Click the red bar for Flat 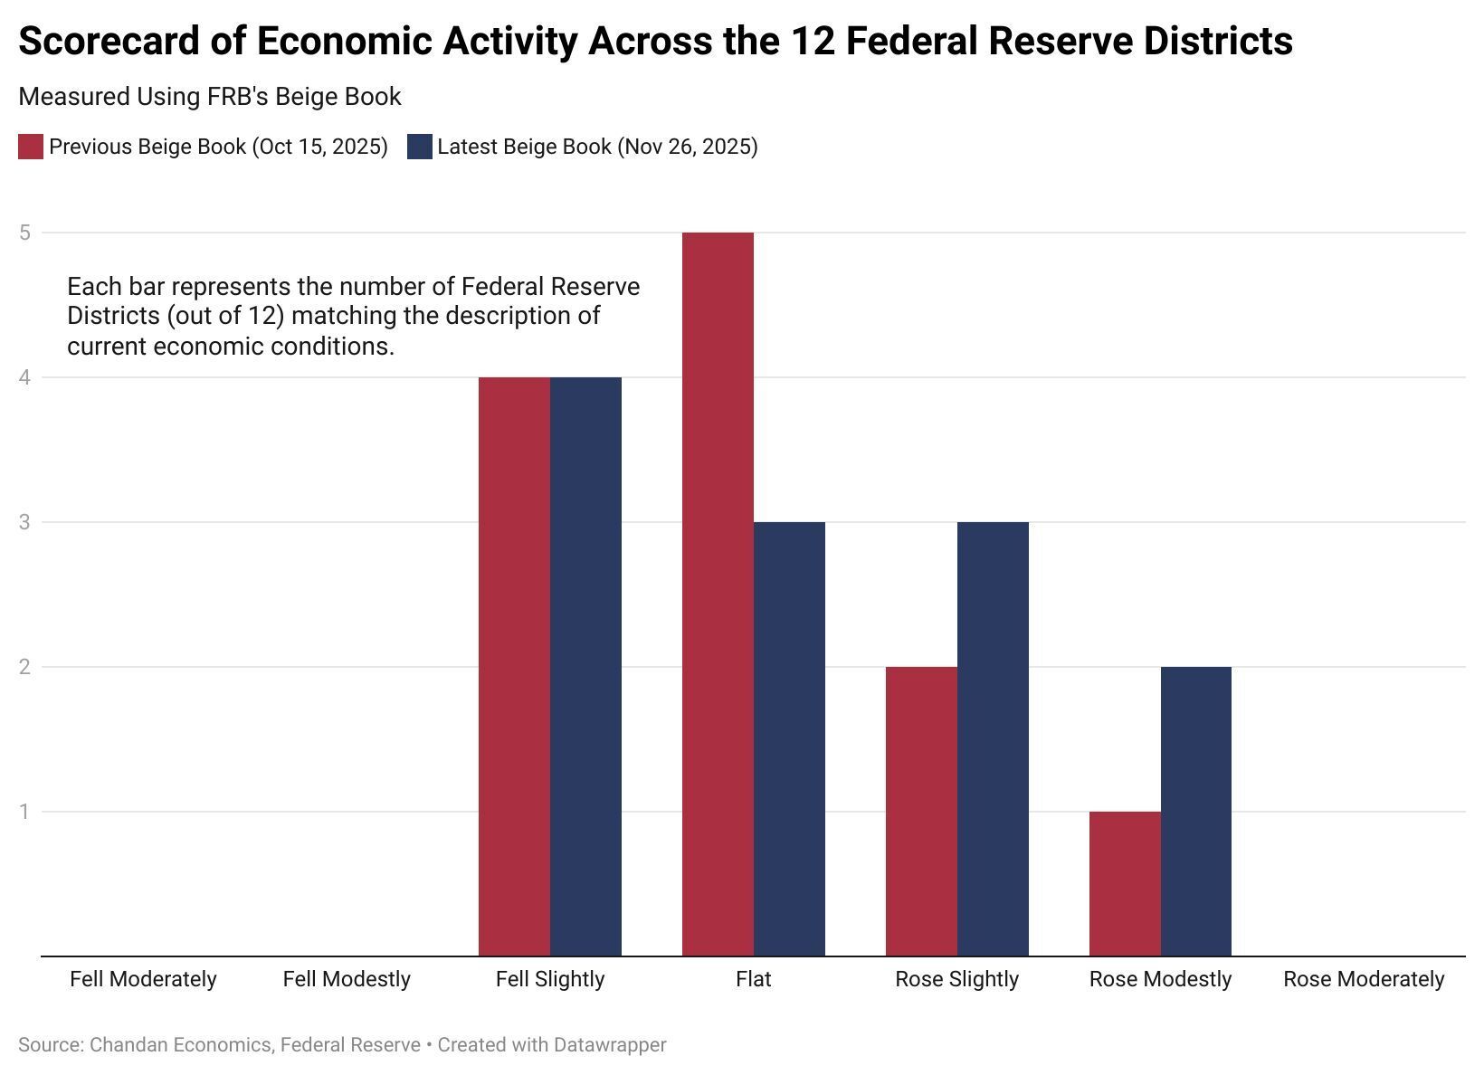pos(718,594)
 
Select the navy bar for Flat pos(789,738)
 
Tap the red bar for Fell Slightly pos(514,666)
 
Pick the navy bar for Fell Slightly pos(585,666)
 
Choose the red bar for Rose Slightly pos(921,811)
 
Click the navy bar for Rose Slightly pos(993,738)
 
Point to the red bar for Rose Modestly pos(1125,883)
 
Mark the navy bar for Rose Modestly pos(1196,811)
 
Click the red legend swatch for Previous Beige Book pos(31,147)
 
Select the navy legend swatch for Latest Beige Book pos(419,147)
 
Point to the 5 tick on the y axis pos(24,233)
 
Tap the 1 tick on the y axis pos(24,812)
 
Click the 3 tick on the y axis pos(24,522)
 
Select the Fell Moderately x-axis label pos(143,979)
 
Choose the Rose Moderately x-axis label pos(1364,979)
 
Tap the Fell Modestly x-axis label pos(347,979)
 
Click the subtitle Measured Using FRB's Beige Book pos(209,97)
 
